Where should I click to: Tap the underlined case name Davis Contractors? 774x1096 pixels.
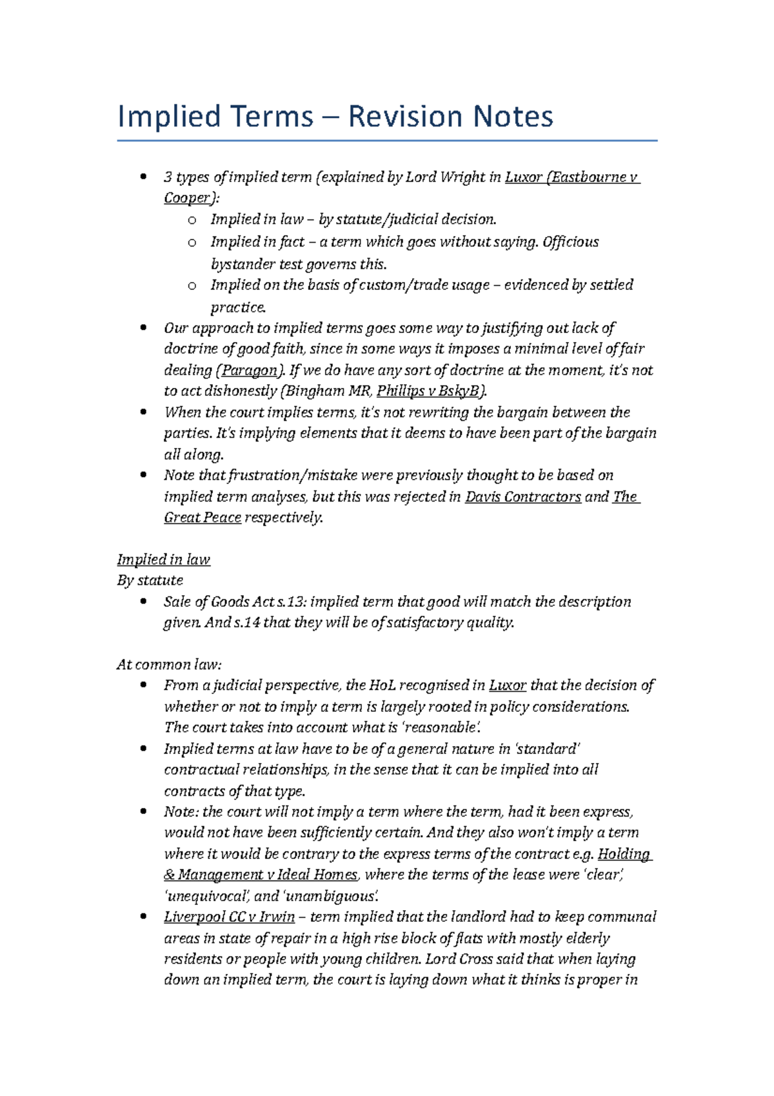[522, 497]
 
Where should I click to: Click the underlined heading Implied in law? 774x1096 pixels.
[163, 560]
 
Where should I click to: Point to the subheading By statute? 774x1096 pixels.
[150, 580]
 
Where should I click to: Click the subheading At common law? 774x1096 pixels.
[169, 665]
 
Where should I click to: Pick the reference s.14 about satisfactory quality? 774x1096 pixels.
[243, 623]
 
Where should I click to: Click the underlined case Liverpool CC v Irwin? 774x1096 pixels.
[229, 917]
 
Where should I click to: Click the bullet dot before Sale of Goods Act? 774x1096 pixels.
[143, 602]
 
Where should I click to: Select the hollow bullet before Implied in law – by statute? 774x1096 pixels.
[192, 221]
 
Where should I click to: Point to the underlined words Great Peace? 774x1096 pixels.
[202, 518]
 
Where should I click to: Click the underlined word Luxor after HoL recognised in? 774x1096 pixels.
[507, 685]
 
